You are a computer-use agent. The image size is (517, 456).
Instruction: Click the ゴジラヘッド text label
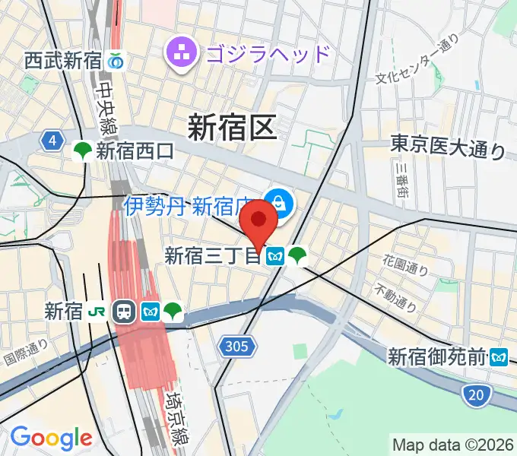click(x=268, y=54)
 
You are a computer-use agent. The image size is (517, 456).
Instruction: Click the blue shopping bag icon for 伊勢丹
click(x=280, y=202)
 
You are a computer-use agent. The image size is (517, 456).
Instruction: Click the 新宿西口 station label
click(x=135, y=151)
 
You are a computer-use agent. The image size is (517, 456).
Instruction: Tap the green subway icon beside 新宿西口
click(x=83, y=151)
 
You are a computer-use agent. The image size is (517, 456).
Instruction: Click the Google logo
click(x=51, y=438)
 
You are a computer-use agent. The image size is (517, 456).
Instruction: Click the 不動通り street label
click(x=396, y=298)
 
